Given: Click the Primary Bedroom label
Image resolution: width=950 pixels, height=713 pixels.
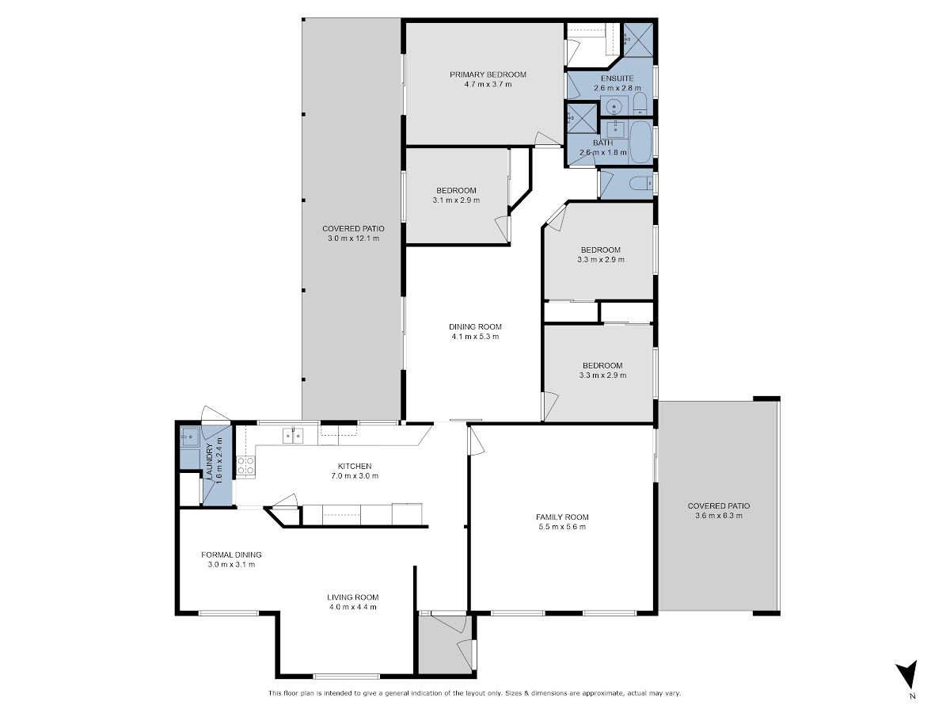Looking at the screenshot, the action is pyautogui.click(x=488, y=74).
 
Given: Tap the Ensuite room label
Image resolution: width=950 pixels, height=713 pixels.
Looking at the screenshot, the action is pyautogui.click(x=617, y=78).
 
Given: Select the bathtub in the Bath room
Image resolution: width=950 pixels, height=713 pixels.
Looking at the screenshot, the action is pyautogui.click(x=640, y=142).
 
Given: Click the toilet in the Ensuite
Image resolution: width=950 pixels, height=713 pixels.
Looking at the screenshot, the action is pyautogui.click(x=640, y=104).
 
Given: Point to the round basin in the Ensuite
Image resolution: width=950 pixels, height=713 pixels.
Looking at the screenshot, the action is pyautogui.click(x=614, y=105).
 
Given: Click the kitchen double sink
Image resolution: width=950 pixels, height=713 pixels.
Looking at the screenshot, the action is pyautogui.click(x=293, y=436).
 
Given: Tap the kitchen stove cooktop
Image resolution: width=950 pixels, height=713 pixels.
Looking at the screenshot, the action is pyautogui.click(x=245, y=465).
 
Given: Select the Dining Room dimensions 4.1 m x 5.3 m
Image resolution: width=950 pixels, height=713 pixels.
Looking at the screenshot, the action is pyautogui.click(x=475, y=337).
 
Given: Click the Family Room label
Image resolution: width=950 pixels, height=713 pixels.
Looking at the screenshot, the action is pyautogui.click(x=562, y=517).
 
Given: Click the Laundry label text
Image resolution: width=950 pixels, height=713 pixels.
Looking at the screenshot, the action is pyautogui.click(x=210, y=461).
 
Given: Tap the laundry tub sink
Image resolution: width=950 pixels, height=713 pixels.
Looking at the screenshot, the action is pyautogui.click(x=190, y=437).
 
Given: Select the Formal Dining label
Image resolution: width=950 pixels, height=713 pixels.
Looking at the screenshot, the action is pyautogui.click(x=231, y=555).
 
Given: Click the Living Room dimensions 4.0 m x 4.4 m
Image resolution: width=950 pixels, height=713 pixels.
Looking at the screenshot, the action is pyautogui.click(x=353, y=607).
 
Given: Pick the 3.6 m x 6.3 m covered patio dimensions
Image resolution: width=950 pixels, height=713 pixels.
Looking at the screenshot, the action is pyautogui.click(x=719, y=516).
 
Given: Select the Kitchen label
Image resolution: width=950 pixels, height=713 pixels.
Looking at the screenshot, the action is pyautogui.click(x=355, y=467).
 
